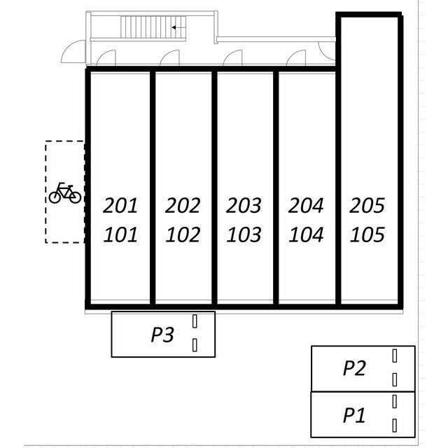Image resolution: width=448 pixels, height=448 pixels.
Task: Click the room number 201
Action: click(x=121, y=206)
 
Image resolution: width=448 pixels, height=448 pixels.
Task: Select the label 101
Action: click(x=121, y=234)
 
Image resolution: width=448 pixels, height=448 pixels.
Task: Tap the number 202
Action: click(x=183, y=206)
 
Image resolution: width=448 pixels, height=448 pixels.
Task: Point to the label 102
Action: click(x=183, y=234)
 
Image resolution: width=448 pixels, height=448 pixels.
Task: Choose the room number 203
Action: click(x=244, y=206)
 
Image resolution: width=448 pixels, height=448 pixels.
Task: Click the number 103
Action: click(x=244, y=234)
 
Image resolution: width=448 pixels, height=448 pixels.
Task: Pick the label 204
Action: click(x=307, y=206)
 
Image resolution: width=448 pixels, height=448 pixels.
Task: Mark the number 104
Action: click(x=307, y=234)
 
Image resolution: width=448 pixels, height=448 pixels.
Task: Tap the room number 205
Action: click(x=367, y=206)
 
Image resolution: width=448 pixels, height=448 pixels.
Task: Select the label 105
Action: click(x=367, y=234)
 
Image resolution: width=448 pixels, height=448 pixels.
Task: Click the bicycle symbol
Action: click(x=64, y=192)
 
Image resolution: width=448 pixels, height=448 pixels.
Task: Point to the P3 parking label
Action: click(x=162, y=335)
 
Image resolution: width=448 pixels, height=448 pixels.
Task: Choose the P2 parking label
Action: click(x=354, y=368)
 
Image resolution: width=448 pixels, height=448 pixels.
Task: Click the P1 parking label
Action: click(x=354, y=415)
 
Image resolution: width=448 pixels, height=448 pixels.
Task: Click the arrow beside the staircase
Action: click(x=178, y=28)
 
